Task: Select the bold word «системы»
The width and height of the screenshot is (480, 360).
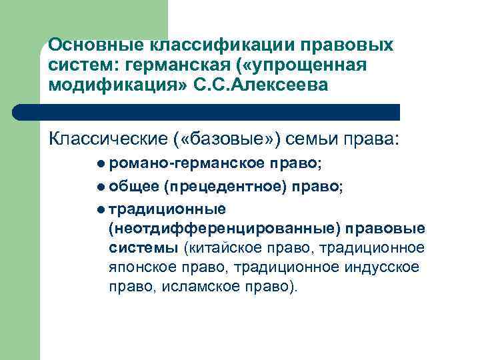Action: pos(143,249)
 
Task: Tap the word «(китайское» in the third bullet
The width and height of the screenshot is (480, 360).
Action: pos(222,249)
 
